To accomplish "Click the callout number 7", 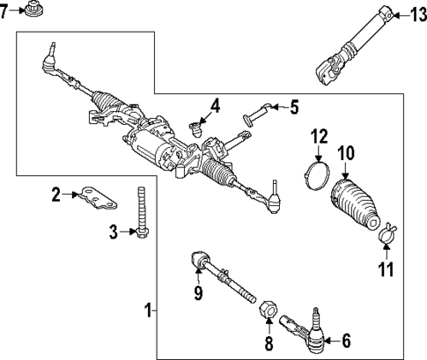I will click(5, 12).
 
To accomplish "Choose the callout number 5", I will click(293, 107).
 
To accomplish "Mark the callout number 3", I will click(114, 231).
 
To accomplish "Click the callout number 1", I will click(149, 310).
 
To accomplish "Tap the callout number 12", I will click(318, 136).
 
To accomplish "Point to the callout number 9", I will click(198, 292).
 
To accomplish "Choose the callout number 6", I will click(345, 339).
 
